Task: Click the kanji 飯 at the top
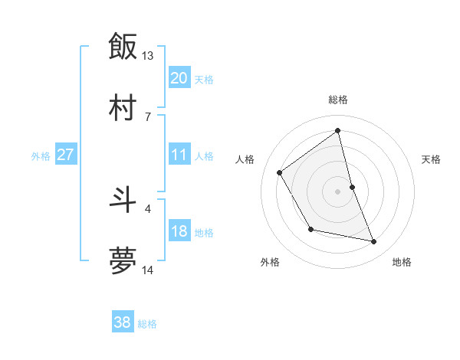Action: tap(122, 46)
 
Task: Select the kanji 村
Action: tap(122, 108)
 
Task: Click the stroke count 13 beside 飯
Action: tap(148, 55)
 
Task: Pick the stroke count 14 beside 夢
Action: tap(148, 270)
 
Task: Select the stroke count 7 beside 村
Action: tap(147, 116)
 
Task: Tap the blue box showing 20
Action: tap(179, 78)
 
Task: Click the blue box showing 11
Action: tap(179, 155)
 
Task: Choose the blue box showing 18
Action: tap(179, 231)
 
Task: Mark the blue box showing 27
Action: tap(65, 155)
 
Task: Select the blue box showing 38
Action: tap(122, 322)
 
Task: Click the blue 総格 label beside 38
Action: tap(147, 324)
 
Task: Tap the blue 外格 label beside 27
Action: tap(41, 156)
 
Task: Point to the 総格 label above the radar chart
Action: tap(338, 100)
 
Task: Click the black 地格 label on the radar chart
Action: tap(402, 262)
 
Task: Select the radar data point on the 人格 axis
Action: tap(280, 172)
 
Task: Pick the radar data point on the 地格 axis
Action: tap(374, 242)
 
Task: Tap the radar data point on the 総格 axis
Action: tap(338, 130)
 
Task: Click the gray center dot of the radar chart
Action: tap(338, 191)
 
